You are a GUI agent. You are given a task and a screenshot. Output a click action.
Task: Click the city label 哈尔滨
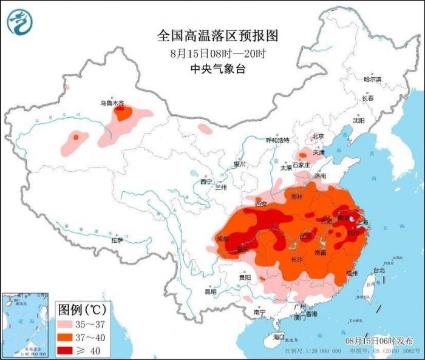tap(372, 80)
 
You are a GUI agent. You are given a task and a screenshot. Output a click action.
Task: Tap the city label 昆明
tap(210, 291)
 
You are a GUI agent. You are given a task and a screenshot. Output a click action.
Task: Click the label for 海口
tap(279, 336)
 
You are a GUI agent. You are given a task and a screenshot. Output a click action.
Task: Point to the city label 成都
tap(224, 239)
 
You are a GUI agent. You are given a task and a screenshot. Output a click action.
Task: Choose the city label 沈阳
tap(359, 120)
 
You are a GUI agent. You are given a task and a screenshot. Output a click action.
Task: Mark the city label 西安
tap(261, 205)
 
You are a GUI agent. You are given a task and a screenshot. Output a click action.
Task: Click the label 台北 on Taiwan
tap(378, 270)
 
